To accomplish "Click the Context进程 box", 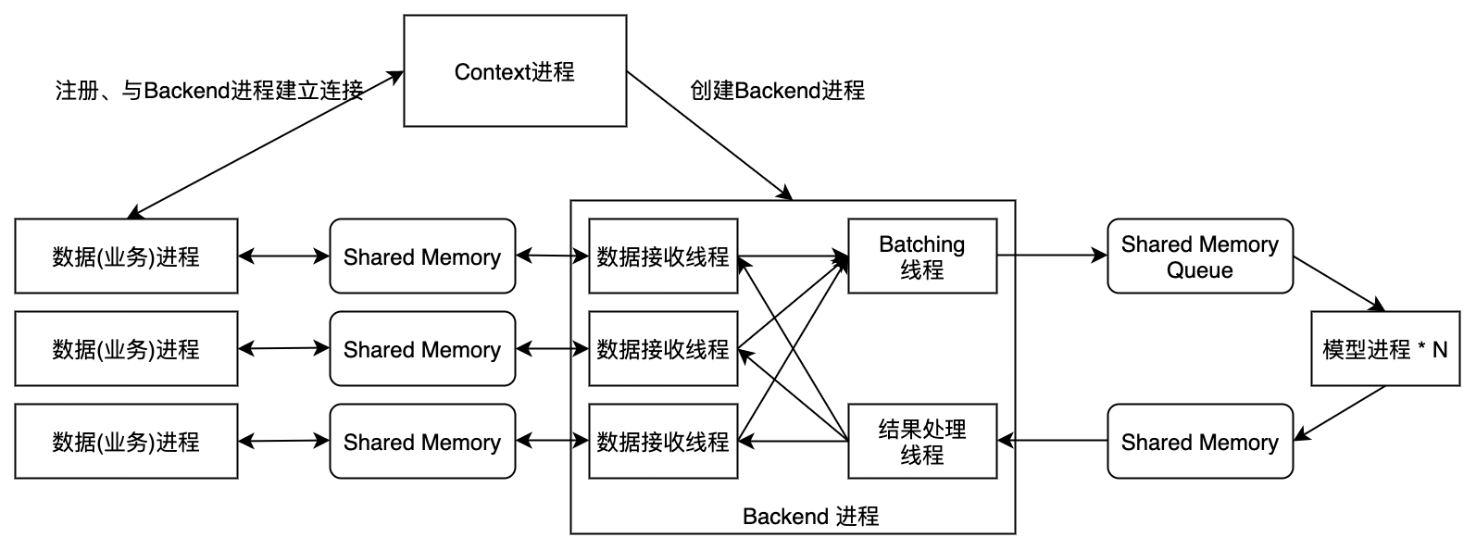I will point(515,71).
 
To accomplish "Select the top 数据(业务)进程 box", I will point(126,256).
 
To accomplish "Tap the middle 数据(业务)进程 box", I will point(126,349).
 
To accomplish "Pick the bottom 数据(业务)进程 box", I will point(126,442).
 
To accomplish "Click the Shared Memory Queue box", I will point(1199,256).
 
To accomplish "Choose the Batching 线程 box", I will point(921,256).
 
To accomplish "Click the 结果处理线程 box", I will point(921,442).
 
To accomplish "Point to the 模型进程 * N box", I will point(1384,349).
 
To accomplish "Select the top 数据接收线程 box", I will point(663,256).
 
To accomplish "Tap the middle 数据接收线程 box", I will point(663,349).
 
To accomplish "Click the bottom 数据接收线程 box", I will point(663,442).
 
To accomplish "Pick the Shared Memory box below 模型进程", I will point(1199,442).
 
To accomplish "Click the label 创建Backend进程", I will point(778,91).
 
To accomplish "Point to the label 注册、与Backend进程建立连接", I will point(209,91).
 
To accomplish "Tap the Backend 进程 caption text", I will point(810,516).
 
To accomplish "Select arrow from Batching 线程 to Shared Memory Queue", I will point(1052,256).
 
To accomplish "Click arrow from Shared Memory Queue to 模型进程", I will point(1338,284).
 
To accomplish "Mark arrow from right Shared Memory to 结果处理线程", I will point(1052,442).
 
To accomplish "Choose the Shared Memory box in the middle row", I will point(422,349).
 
